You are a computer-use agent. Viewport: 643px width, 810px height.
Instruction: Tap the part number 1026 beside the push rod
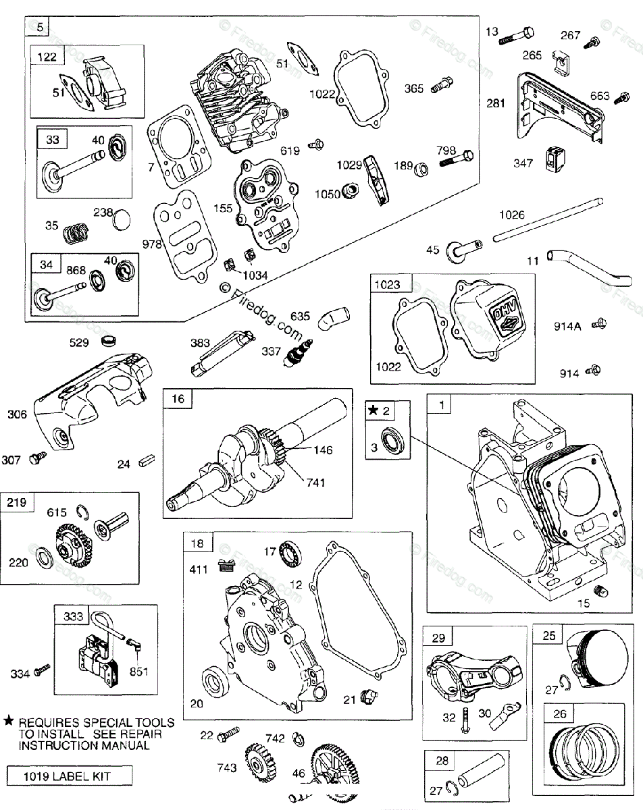click(x=512, y=215)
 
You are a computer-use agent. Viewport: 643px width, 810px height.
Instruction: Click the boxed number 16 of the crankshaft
click(x=178, y=399)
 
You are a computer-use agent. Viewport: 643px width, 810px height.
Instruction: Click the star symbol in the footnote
click(x=8, y=722)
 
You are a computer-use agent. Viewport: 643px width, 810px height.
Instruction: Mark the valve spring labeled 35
click(x=75, y=234)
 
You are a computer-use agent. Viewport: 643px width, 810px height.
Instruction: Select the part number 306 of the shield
click(x=18, y=414)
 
